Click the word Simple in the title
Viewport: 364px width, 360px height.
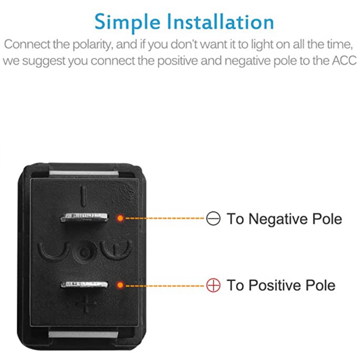click(127, 23)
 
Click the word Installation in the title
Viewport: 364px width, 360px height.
click(221, 22)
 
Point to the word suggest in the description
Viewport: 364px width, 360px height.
click(44, 61)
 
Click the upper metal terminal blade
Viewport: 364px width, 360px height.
click(84, 218)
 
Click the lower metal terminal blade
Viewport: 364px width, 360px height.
click(84, 284)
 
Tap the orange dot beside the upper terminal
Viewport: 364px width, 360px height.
click(120, 218)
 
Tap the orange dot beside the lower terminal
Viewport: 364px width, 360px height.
click(120, 285)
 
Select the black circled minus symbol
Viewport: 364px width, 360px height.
click(213, 218)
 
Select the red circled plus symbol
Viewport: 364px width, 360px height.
click(213, 285)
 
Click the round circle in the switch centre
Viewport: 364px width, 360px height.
click(85, 252)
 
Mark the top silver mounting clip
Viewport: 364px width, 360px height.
click(84, 173)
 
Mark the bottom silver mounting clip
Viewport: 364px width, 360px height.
click(83, 334)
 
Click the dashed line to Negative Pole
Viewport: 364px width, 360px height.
click(164, 218)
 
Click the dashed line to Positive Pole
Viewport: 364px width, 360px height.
click(164, 285)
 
